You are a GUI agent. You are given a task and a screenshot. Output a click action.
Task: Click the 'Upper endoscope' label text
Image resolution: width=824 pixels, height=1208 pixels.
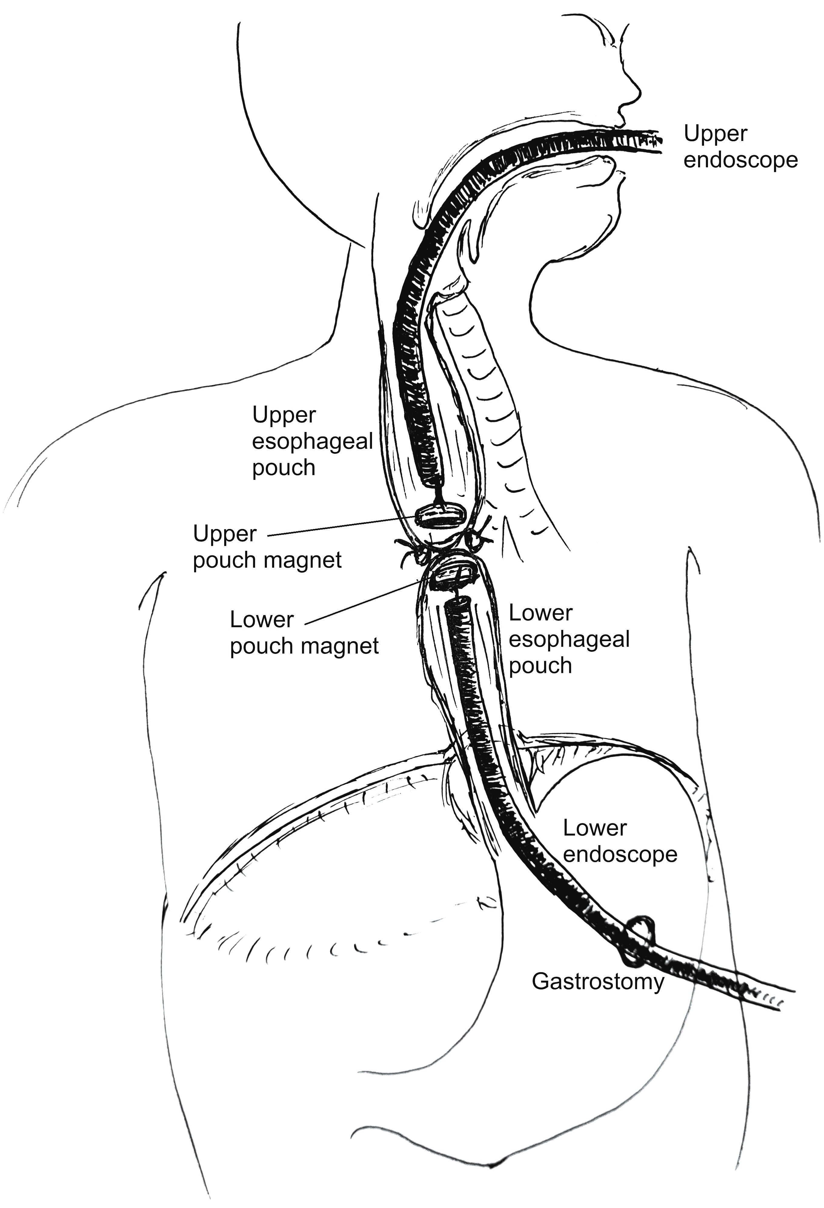click(740, 147)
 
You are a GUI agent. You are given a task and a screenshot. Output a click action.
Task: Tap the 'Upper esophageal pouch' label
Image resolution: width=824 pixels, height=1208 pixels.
click(312, 441)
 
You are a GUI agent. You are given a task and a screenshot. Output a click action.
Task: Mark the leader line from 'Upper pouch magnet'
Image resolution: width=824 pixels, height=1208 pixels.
click(343, 527)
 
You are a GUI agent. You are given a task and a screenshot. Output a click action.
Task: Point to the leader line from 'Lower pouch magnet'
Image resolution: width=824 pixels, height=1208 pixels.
click(364, 603)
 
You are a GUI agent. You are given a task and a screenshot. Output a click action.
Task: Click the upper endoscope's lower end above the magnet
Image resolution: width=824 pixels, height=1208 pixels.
click(437, 476)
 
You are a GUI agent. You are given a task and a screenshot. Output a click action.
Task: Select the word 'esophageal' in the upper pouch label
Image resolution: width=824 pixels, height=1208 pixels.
click(312, 441)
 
